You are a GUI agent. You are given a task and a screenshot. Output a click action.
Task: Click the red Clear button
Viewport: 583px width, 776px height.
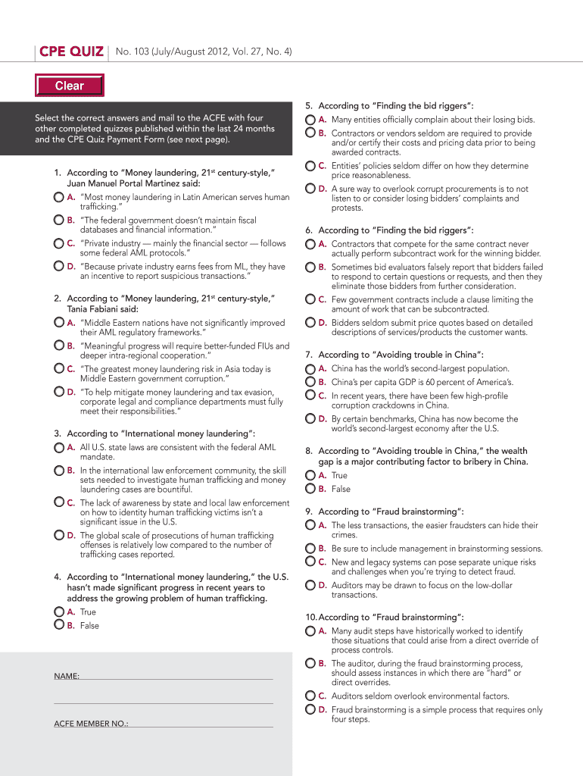pyautogui.click(x=69, y=86)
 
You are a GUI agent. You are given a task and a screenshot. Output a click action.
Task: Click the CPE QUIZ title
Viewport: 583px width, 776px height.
pyautogui.click(x=71, y=52)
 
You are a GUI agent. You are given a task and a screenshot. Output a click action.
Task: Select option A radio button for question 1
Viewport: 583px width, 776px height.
pyautogui.click(x=59, y=197)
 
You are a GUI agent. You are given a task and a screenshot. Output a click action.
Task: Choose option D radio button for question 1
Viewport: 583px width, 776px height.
pyautogui.click(x=59, y=266)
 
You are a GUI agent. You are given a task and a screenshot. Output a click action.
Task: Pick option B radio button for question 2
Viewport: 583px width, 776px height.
pyautogui.click(x=59, y=346)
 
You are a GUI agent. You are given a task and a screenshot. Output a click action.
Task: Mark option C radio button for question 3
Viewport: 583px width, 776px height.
pyautogui.click(x=59, y=502)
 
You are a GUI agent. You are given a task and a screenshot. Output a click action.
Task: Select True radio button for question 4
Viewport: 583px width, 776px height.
pyautogui.click(x=59, y=612)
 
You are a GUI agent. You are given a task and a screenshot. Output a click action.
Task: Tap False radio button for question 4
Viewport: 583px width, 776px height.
pyautogui.click(x=59, y=625)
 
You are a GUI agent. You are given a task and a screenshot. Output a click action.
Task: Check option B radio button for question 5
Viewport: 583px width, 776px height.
pyautogui.click(x=310, y=133)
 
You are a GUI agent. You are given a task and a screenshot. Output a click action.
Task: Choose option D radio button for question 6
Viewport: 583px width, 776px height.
pyautogui.click(x=310, y=322)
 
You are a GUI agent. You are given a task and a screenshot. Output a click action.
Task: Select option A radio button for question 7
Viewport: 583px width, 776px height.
pyautogui.click(x=310, y=368)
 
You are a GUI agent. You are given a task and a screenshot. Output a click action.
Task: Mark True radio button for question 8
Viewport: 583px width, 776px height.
pyautogui.click(x=310, y=475)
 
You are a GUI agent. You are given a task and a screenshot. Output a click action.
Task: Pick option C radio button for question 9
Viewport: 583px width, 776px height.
pyautogui.click(x=310, y=562)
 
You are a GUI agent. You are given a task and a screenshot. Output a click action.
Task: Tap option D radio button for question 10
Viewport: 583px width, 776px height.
pyautogui.click(x=310, y=709)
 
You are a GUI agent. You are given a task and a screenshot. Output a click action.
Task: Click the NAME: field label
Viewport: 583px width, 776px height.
pyautogui.click(x=67, y=675)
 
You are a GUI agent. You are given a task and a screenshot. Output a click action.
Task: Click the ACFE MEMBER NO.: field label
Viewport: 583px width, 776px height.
pyautogui.click(x=91, y=724)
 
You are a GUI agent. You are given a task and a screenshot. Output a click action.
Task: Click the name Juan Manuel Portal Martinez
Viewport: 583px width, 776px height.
pyautogui.click(x=123, y=183)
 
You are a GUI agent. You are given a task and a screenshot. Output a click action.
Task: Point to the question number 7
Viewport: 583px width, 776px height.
pyautogui.click(x=309, y=355)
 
